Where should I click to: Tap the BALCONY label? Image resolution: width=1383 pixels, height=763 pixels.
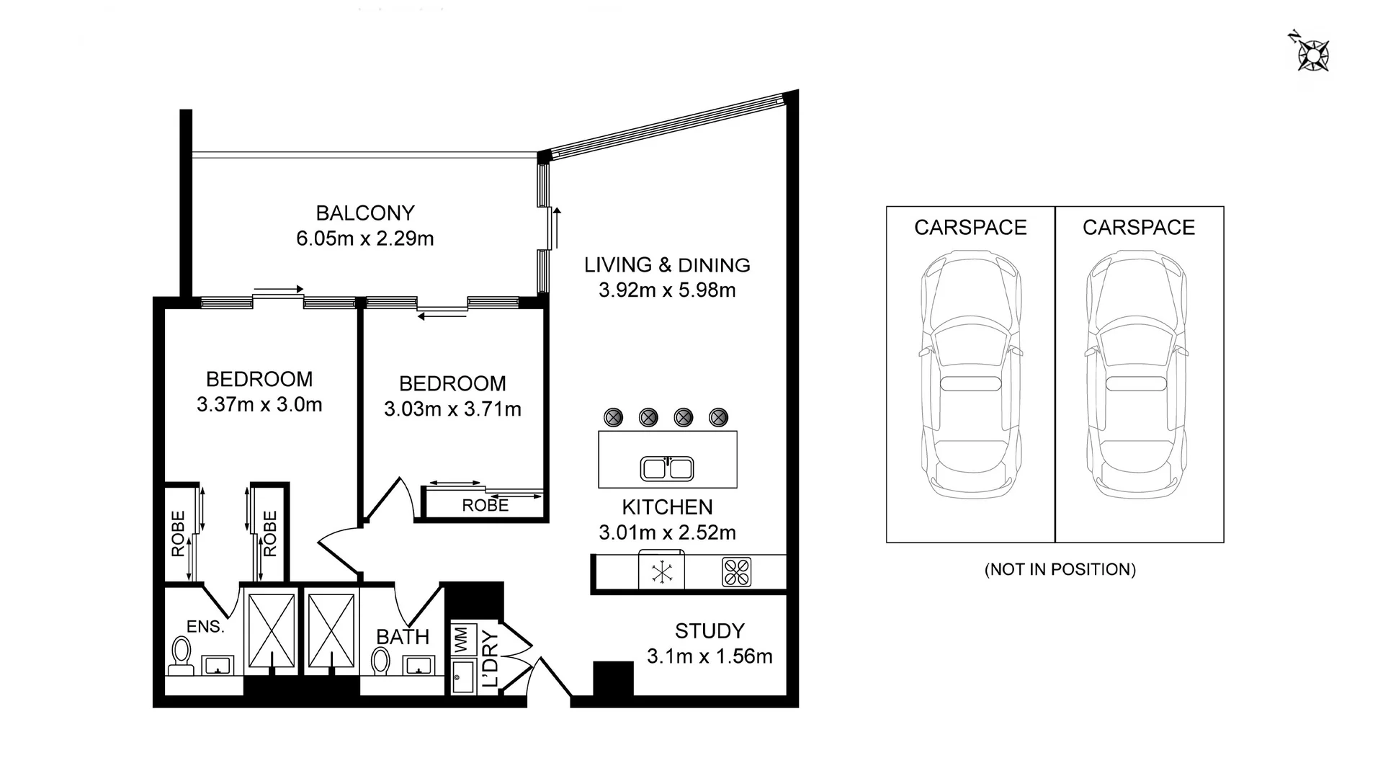point(365,213)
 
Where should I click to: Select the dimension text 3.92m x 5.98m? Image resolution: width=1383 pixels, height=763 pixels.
point(667,290)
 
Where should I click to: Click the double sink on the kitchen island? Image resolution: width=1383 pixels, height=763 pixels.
point(667,468)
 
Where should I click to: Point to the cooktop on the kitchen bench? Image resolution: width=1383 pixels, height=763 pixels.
point(736,572)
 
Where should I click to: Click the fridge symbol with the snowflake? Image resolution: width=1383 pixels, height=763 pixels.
point(661,572)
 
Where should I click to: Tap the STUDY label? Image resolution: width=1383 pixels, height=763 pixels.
point(710,631)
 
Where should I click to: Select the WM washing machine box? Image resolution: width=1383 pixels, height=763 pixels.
point(462,641)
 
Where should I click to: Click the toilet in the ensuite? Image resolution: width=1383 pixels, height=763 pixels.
point(180,655)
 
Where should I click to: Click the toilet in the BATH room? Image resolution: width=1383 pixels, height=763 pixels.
point(380,659)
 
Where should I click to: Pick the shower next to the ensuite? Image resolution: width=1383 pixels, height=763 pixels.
point(272,630)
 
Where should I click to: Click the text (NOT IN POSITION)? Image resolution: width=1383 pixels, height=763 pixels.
point(1060,569)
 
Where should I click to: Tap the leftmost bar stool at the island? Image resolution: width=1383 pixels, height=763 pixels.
point(613,416)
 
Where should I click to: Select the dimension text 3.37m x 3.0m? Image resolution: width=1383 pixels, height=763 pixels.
point(259,405)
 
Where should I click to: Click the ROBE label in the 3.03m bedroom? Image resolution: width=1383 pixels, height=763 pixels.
point(485,506)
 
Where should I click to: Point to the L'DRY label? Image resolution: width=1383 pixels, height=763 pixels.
point(490,659)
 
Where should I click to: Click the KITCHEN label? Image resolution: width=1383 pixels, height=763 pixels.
point(667,507)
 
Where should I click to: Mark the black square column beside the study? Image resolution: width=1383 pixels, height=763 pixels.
point(613,679)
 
